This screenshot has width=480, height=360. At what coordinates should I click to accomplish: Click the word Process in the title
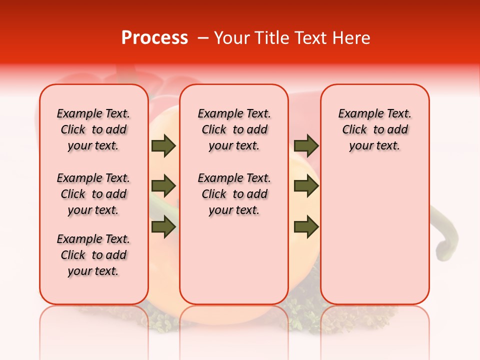[x=154, y=38]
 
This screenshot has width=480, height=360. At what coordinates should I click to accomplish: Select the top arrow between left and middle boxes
[x=163, y=146]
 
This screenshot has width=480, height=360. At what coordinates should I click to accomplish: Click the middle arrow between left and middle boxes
[x=163, y=186]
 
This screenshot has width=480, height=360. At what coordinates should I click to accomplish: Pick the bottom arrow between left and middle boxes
[x=163, y=226]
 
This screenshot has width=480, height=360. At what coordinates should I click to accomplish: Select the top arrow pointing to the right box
[x=306, y=146]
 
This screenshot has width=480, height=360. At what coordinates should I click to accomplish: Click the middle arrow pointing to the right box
[x=306, y=186]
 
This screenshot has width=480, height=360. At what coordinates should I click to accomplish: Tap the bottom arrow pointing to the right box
[x=306, y=226]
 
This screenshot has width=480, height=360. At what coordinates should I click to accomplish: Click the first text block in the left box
[x=93, y=129]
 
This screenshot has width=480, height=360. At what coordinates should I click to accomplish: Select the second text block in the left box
[x=93, y=194]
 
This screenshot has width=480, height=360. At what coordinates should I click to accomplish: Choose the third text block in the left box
[x=93, y=255]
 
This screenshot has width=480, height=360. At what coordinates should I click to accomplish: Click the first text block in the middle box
[x=234, y=129]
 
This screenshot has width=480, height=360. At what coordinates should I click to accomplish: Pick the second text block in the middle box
[x=234, y=194]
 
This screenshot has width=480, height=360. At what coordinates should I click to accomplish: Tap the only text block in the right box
[x=374, y=129]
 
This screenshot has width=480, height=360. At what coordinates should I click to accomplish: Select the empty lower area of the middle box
[x=234, y=260]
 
